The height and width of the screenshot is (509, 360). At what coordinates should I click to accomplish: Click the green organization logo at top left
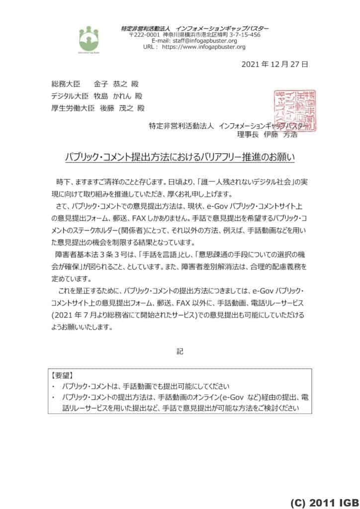coord(89,38)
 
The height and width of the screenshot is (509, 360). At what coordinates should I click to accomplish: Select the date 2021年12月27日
coord(282,64)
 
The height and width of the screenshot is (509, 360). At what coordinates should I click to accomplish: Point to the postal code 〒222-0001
coord(144,35)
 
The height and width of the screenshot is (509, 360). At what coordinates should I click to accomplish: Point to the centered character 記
coord(180,351)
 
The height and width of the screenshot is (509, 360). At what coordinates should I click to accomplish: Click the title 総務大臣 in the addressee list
coord(62,84)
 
